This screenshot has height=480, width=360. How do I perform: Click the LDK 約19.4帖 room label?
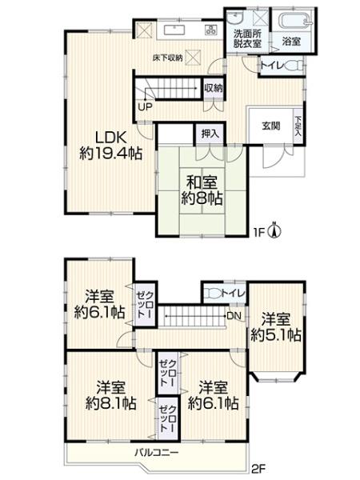coord(110,143)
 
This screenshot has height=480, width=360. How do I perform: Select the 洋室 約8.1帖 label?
coord(110,395)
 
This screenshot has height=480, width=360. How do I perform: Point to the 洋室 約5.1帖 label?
coord(276,326)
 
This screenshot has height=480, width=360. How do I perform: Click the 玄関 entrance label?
coord(270,126)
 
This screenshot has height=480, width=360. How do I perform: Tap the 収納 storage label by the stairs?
coord(213,89)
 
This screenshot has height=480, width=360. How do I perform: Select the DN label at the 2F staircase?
coord(231,315)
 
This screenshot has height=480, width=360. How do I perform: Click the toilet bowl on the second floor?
coord(214,294)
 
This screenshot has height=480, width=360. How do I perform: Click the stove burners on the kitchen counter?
coord(210,30)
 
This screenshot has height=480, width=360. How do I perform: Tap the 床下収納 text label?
coord(167,58)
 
